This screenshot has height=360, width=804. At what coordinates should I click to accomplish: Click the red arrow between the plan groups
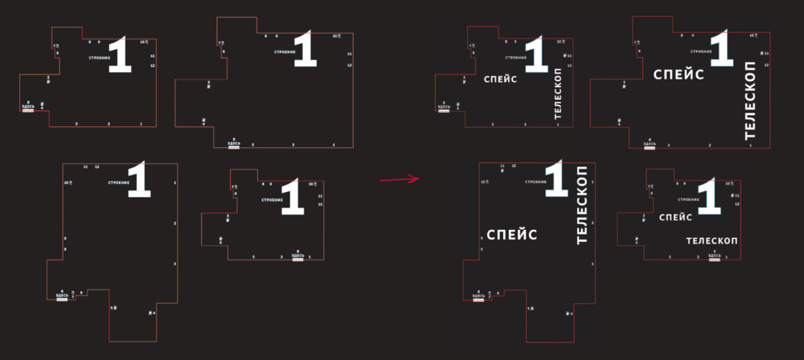(x=400, y=179)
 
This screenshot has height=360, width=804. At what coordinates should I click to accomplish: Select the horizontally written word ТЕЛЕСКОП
(x=712, y=240)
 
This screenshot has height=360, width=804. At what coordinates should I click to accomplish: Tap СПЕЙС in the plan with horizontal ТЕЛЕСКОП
(x=675, y=217)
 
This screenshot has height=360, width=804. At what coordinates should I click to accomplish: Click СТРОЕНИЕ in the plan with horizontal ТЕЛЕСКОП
(x=687, y=198)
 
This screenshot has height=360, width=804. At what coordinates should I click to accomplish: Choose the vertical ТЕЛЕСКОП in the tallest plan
(x=583, y=206)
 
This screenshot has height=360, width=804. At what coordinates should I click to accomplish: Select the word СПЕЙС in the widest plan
(x=679, y=75)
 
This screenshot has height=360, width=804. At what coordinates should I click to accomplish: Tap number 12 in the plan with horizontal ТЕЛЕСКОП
(x=736, y=204)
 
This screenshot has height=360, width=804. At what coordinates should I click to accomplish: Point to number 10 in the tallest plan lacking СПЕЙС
(x=67, y=182)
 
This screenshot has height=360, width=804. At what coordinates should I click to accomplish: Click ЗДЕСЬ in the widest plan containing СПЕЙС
(x=649, y=145)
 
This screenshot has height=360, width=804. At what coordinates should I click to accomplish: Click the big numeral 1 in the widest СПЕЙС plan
(x=721, y=49)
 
